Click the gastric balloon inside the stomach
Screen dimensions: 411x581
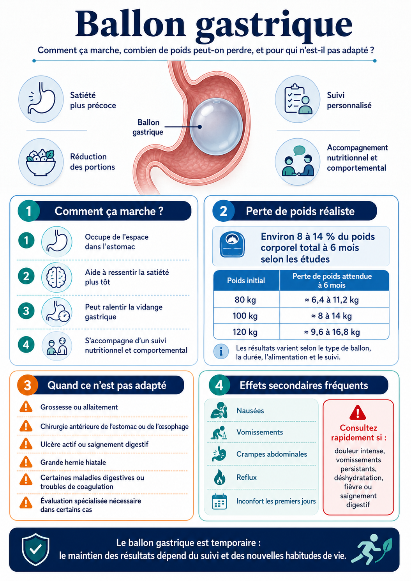(x=216, y=127)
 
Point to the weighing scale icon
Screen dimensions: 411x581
(x=232, y=244)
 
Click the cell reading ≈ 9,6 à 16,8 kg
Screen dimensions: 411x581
(x=335, y=332)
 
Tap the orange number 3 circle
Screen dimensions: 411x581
(x=28, y=385)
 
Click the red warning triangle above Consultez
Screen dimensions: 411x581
(x=358, y=413)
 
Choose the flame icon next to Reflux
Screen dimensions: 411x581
(x=219, y=477)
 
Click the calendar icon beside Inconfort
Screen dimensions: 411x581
(x=219, y=502)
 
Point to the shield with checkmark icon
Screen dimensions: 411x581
(x=35, y=549)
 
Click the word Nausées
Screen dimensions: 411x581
(x=250, y=411)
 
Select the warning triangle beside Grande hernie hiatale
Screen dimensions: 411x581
(x=26, y=462)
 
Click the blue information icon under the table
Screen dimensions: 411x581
(x=221, y=352)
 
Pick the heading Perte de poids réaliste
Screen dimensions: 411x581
(x=300, y=211)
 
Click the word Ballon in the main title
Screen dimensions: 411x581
(x=130, y=24)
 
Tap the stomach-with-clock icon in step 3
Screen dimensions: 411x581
(x=57, y=311)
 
